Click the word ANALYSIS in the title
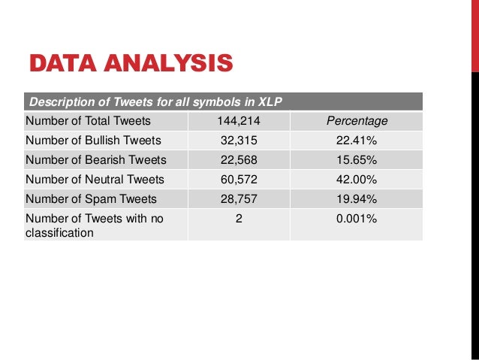(166, 63)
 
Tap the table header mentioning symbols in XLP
(155, 101)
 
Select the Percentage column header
(357, 121)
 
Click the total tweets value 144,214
(238, 121)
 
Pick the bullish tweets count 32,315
(238, 141)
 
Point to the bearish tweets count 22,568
(238, 160)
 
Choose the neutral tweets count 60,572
(238, 180)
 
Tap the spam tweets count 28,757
(238, 199)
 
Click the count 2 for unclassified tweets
(238, 219)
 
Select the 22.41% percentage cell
(357, 141)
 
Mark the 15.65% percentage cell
(357, 160)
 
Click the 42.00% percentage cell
(357, 180)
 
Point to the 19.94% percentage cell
(357, 199)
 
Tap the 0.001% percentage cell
(357, 219)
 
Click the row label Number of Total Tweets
(88, 121)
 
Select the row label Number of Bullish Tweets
(92, 141)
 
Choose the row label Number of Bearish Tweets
(95, 160)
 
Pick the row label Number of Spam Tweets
(91, 199)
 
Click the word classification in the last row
(59, 233)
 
